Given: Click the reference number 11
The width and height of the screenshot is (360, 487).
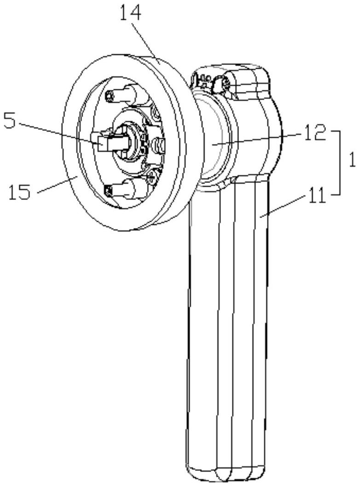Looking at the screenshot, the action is click(315, 194).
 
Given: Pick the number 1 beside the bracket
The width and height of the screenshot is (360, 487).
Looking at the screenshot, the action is click(352, 161).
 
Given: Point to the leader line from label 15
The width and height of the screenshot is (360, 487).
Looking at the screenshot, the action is click(58, 184).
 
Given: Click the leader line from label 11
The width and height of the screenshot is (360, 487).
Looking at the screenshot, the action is click(281, 205).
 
